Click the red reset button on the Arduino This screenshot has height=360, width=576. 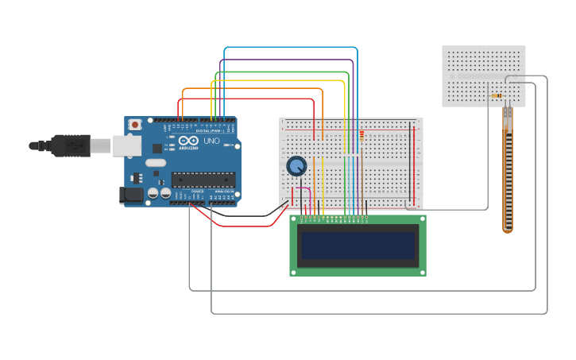coord(135,125)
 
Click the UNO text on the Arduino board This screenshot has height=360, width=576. coord(211,141)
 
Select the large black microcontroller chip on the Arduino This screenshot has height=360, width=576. coord(203,180)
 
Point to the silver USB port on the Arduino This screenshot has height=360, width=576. coord(126,145)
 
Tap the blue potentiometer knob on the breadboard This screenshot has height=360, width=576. coord(296,166)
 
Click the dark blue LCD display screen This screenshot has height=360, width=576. coord(358,246)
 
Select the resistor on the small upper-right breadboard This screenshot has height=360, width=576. coord(497,96)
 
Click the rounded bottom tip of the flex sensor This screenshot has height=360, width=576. coord(508,230)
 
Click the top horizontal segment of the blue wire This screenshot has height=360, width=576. coord(291,48)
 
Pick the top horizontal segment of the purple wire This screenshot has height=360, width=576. coord(286,60)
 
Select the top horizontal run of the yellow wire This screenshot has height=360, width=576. coord(278,80)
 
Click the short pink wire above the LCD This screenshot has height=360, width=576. coord(302,188)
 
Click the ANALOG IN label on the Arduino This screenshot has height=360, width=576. coord(225,192)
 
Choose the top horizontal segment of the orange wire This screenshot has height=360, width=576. coord(253,89)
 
